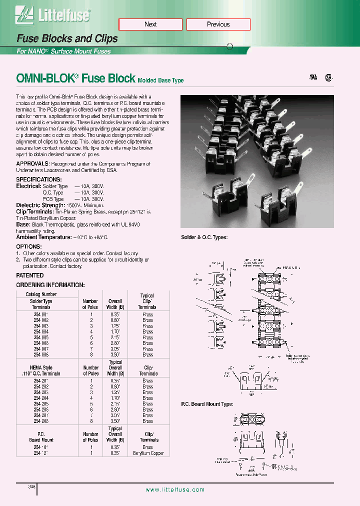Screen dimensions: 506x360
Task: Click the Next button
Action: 150,24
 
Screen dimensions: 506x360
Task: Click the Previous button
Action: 218,24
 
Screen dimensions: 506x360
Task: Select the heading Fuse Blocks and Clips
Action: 67,38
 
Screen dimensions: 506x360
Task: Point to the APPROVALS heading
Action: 33,163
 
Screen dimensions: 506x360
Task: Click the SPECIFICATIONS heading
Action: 39,179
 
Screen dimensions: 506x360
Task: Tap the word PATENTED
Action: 29,275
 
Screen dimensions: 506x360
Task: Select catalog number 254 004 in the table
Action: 41,331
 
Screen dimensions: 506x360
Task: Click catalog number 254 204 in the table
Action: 41,397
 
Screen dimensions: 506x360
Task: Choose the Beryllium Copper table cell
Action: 148,453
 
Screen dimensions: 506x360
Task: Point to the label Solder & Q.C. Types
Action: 204,238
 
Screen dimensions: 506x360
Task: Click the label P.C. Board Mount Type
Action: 206,404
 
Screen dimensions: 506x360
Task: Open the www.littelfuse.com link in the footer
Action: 174,490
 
